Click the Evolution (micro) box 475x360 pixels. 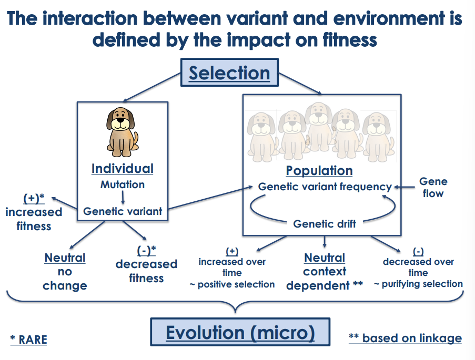pyautogui.click(x=240, y=333)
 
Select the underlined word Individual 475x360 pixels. pyautogui.click(x=123, y=169)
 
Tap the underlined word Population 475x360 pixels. pyautogui.click(x=319, y=171)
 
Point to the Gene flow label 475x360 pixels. pyautogui.click(x=433, y=187)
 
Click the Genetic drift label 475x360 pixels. pyautogui.click(x=325, y=224)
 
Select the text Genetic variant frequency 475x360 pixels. pyautogui.click(x=325, y=187)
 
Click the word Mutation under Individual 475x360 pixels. pyautogui.click(x=123, y=184)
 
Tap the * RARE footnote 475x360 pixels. pyautogui.click(x=28, y=340)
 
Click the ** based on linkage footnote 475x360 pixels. pyautogui.click(x=405, y=338)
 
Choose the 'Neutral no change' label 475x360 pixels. pyautogui.click(x=65, y=272)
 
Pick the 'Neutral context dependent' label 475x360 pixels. pyautogui.click(x=325, y=272)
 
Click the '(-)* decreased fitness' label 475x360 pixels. pyautogui.click(x=146, y=264)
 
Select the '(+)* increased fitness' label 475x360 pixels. pyautogui.click(x=34, y=212)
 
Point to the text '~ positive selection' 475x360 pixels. pyautogui.click(x=232, y=284)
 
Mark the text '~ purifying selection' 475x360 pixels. pyautogui.click(x=418, y=284)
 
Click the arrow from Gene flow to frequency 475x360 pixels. pyautogui.click(x=404, y=187)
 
